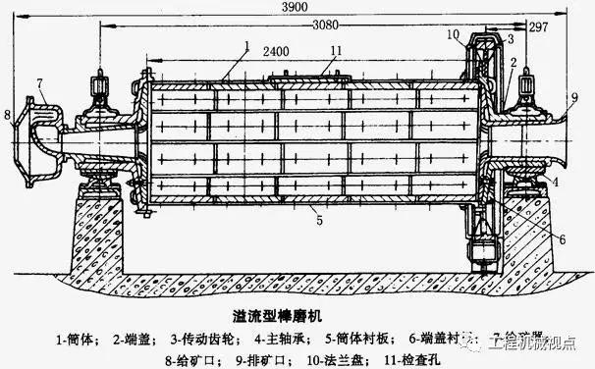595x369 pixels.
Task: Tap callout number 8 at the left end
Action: click(7, 116)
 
